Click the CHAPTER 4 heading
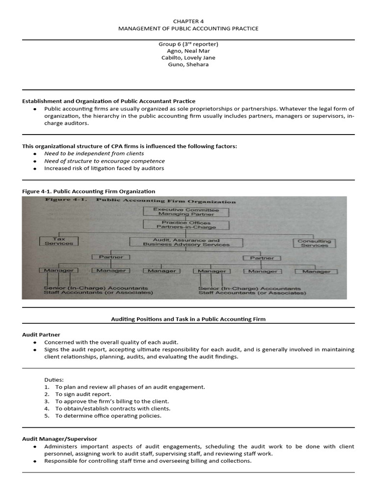(188, 21)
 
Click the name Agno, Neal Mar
(188, 51)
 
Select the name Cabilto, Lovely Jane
(188, 57)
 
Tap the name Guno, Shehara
(188, 64)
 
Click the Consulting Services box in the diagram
(314, 243)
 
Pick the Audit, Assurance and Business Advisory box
(186, 242)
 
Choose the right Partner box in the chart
(262, 258)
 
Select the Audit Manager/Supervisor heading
(59, 439)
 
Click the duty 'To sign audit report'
(83, 394)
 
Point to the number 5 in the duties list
(46, 416)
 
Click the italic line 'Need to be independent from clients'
(94, 154)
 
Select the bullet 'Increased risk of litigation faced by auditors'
(104, 168)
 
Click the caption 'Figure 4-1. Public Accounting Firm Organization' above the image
(88, 191)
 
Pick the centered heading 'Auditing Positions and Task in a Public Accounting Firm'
(188, 319)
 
